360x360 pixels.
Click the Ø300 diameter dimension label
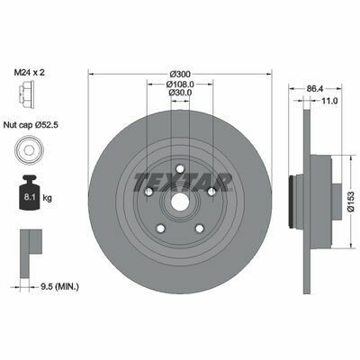point(180,74)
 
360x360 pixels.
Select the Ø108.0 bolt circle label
point(180,84)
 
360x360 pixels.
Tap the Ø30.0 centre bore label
point(180,93)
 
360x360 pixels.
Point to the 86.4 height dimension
point(315,88)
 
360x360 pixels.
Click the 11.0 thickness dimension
point(329,101)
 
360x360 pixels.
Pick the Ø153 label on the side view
point(351,202)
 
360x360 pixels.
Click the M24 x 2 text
point(30,72)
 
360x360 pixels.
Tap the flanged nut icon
point(26,94)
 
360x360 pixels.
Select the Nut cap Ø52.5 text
point(31,125)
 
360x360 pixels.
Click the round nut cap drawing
point(30,150)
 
